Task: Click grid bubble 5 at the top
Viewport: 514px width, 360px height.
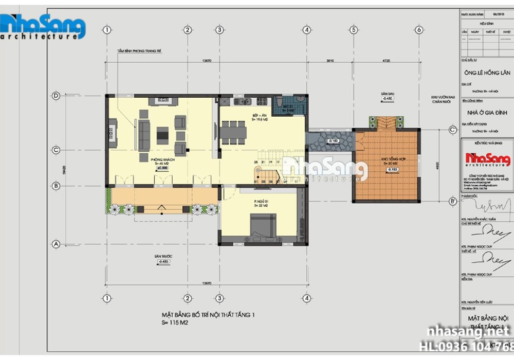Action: (354, 30)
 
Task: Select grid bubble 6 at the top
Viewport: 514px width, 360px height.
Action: (419, 30)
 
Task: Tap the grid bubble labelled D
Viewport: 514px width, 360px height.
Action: (56, 96)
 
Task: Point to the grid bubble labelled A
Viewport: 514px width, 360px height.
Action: (56, 243)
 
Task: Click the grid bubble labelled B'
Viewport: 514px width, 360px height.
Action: (452, 201)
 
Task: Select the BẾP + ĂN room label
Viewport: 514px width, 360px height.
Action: (260, 116)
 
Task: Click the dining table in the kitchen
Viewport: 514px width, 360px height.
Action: (233, 131)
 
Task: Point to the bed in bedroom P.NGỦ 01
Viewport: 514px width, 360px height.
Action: (263, 227)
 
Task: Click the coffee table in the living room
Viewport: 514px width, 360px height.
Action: (162, 135)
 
